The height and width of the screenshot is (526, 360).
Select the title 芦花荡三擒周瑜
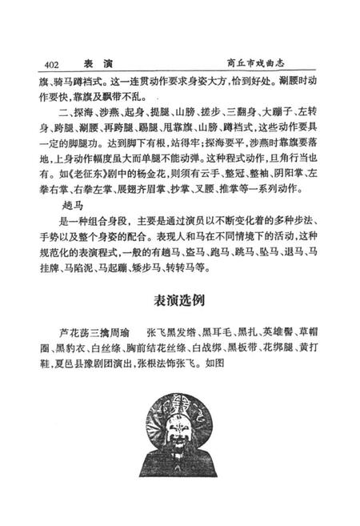pos(99,331)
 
